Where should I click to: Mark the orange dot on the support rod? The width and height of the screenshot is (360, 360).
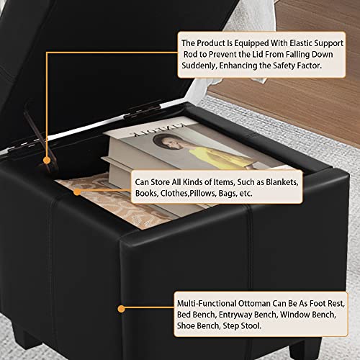coord(47,160)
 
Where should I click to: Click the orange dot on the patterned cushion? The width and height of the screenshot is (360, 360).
coord(77,192)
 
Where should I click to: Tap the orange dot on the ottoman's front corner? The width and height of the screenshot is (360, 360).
coord(122,309)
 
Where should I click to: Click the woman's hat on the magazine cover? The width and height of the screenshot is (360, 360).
coord(161,138)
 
